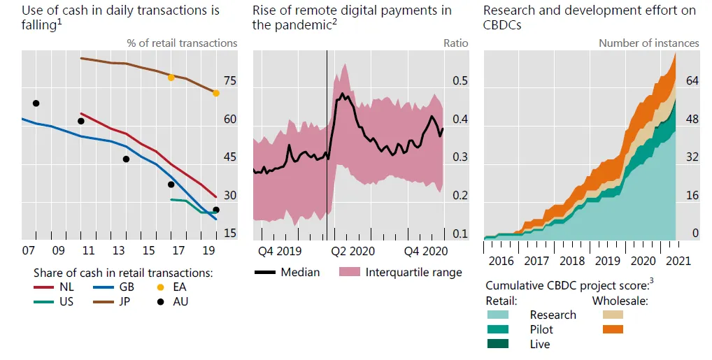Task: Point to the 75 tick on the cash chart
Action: [229, 81]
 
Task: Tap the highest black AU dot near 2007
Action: [36, 103]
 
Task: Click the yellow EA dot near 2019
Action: [216, 93]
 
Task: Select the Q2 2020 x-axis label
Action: [353, 250]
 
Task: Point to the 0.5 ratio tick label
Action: [460, 81]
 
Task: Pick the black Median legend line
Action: [264, 272]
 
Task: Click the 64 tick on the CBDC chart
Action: [692, 81]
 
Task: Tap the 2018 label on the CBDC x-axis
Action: [572, 261]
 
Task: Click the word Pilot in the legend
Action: [541, 329]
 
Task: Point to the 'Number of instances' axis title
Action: [648, 43]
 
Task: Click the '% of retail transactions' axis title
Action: [182, 43]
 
